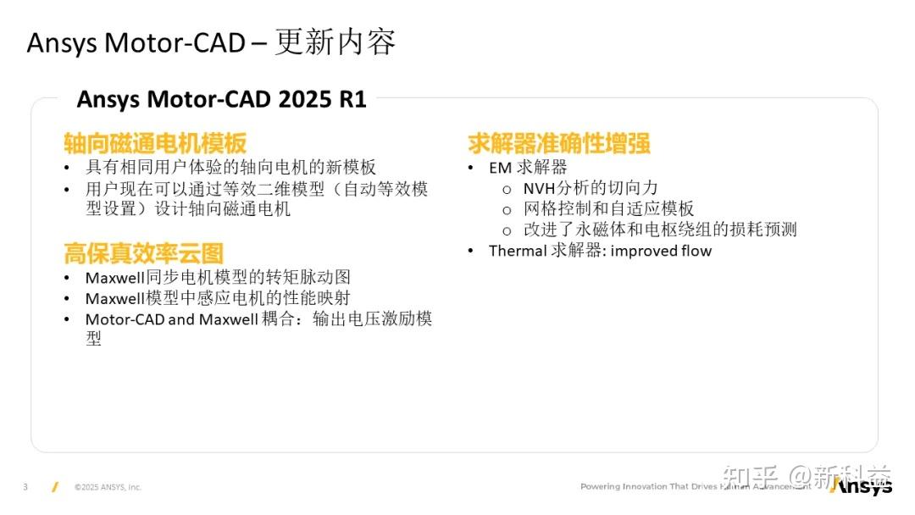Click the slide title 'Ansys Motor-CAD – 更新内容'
pyautogui.click(x=211, y=42)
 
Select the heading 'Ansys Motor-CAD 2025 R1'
pyautogui.click(x=221, y=99)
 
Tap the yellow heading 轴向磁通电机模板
pyautogui.click(x=155, y=143)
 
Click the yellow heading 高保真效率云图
pyautogui.click(x=143, y=252)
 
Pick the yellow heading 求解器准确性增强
pyautogui.click(x=559, y=143)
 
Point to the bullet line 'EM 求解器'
pyautogui.click(x=528, y=168)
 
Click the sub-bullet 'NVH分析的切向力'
pyautogui.click(x=590, y=188)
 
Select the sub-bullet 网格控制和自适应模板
pyautogui.click(x=608, y=209)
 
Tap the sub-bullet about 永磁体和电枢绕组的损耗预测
pyautogui.click(x=659, y=230)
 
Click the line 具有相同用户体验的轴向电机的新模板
pyautogui.click(x=230, y=168)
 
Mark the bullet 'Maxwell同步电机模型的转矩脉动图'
pyautogui.click(x=218, y=277)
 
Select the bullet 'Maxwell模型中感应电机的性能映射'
pyautogui.click(x=218, y=298)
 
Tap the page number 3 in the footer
pyautogui.click(x=25, y=487)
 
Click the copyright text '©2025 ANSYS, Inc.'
pyautogui.click(x=108, y=487)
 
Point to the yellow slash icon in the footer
pyautogui.click(x=54, y=487)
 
